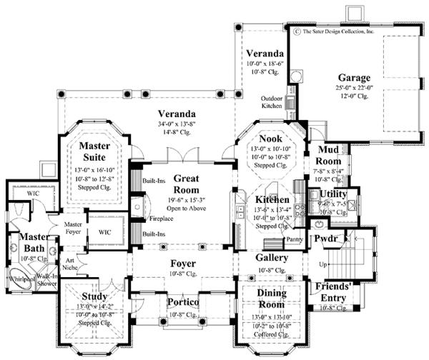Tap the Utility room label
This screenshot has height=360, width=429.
pyautogui.click(x=333, y=194)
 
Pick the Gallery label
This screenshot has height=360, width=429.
pyautogui.click(x=272, y=257)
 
